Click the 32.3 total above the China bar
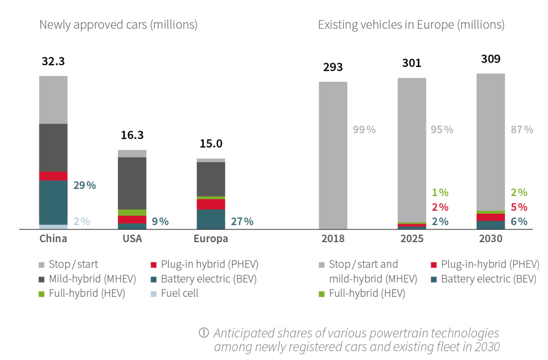pos(53,61)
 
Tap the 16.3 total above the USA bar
pos(132,135)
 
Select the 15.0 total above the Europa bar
pos(211,144)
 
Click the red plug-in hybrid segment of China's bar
pos(53,176)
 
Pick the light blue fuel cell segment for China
pos(53,227)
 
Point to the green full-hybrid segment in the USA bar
pos(132,213)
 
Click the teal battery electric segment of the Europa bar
pos(211,220)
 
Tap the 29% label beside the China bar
pos(85,185)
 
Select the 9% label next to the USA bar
pos(160,221)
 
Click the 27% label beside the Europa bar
pos(242,221)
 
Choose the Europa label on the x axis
pos(211,239)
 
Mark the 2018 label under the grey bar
pos(333,239)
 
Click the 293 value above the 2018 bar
pos(333,67)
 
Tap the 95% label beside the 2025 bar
pos(442,130)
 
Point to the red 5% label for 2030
pos(519,207)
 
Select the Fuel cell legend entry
pos(179,294)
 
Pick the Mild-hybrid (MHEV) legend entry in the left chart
pos(92,279)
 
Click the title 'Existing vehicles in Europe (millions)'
pos(411,25)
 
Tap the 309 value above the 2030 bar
pos(491,58)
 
